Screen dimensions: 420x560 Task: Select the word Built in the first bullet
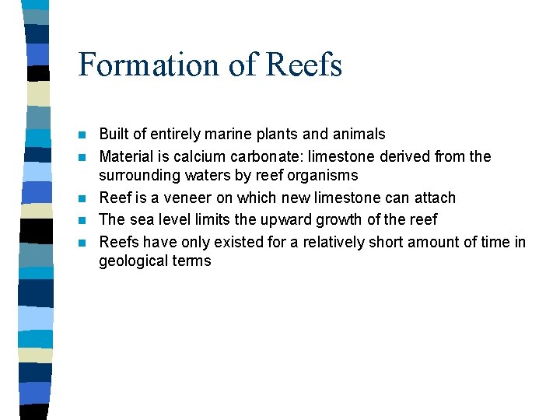[114, 135]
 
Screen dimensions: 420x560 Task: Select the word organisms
[320, 175]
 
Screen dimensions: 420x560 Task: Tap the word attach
[433, 198]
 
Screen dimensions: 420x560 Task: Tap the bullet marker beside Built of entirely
[84, 135]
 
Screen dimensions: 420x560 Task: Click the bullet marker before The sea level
[84, 220]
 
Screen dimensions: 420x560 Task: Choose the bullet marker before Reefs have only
[84, 243]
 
